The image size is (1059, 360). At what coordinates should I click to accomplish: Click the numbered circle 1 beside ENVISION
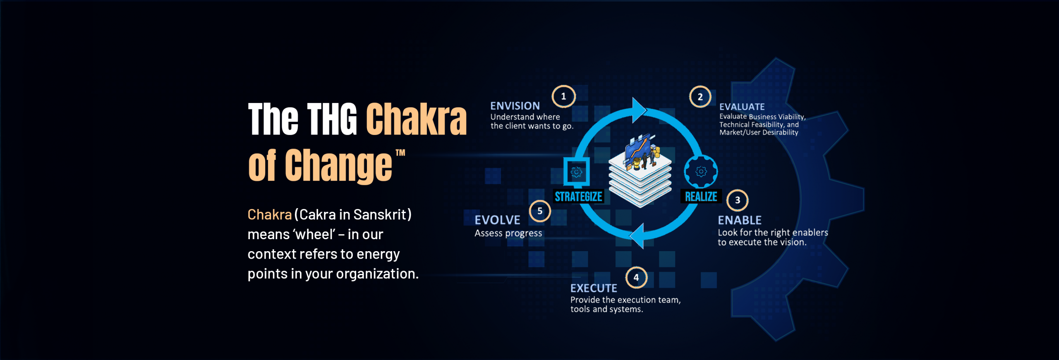click(x=563, y=96)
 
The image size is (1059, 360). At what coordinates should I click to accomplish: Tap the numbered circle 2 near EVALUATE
click(x=700, y=97)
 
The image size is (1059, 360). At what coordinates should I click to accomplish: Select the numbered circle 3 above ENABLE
click(x=737, y=200)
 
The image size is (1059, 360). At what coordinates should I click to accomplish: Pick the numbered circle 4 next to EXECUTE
click(x=636, y=278)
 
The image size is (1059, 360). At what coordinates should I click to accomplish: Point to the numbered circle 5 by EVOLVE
click(x=540, y=211)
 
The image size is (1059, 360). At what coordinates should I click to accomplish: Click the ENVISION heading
click(x=515, y=106)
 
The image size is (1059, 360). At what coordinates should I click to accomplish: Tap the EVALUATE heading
click(x=742, y=107)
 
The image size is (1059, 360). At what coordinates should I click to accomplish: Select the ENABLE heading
click(x=740, y=220)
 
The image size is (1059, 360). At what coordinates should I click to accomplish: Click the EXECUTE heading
click(x=594, y=288)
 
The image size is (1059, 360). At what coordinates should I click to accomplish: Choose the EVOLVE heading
click(x=497, y=220)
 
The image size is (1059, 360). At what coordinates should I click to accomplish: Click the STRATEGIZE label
click(x=578, y=197)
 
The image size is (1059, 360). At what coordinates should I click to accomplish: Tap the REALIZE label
click(x=701, y=197)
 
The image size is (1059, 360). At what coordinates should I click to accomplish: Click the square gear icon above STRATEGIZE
click(x=576, y=171)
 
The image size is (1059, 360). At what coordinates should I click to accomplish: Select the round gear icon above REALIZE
click(x=701, y=171)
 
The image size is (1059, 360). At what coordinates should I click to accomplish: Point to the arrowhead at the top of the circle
click(x=639, y=110)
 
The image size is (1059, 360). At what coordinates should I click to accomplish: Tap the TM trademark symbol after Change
click(x=400, y=153)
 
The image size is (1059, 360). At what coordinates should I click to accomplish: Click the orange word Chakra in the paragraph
click(x=270, y=215)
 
